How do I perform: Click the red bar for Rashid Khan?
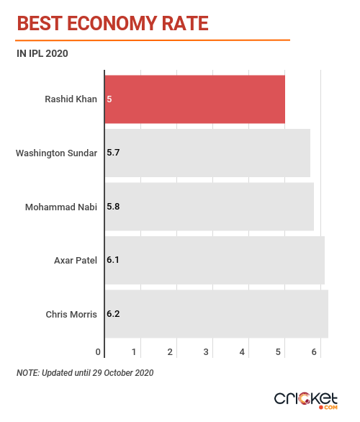tap(195, 99)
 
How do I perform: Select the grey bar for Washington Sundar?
tap(207, 153)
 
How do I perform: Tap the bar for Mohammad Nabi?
tap(210, 207)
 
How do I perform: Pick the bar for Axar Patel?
tap(215, 260)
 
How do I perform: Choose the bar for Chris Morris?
tap(217, 314)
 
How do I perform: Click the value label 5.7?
tap(113, 153)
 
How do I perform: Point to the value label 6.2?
tap(113, 314)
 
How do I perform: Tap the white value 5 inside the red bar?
tap(109, 99)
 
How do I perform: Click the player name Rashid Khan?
tap(71, 99)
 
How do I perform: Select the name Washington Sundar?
tap(56, 153)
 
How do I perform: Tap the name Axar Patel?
tap(76, 261)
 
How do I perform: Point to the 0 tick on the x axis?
tap(98, 351)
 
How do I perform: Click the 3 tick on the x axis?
tap(206, 351)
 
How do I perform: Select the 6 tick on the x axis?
tap(314, 351)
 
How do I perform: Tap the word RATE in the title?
tap(185, 24)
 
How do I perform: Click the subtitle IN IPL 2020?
tap(42, 53)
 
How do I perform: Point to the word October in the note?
tap(118, 373)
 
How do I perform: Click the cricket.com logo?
tap(306, 400)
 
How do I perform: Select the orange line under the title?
tap(153, 40)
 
